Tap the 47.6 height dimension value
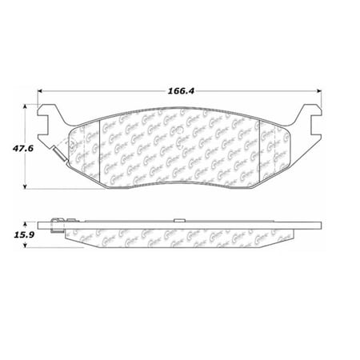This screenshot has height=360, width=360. pyautogui.click(x=14, y=148)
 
